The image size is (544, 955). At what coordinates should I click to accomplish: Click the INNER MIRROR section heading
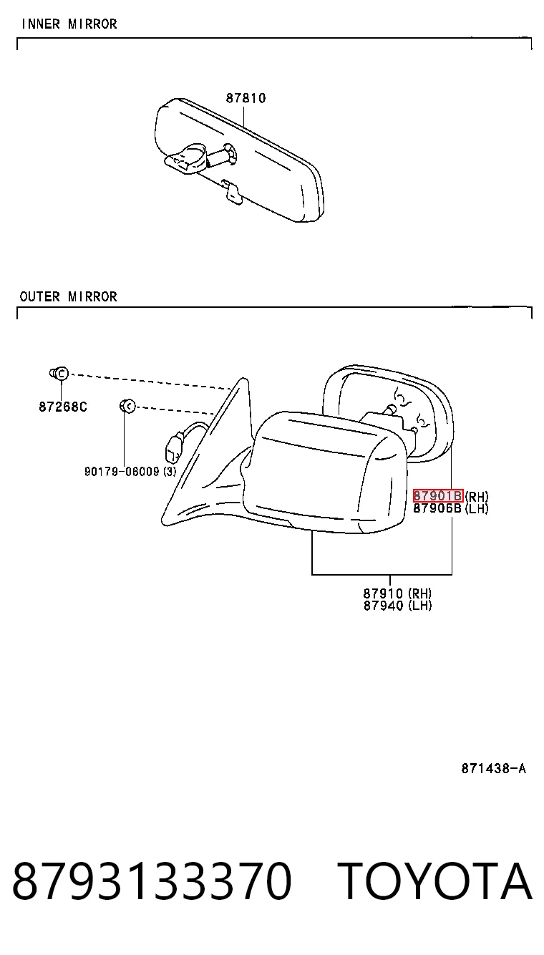(x=69, y=24)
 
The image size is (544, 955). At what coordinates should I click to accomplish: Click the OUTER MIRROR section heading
(x=68, y=296)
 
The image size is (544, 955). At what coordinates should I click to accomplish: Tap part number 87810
(x=246, y=99)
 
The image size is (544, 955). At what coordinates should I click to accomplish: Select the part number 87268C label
(x=63, y=407)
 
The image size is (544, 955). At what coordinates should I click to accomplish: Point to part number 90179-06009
(x=122, y=472)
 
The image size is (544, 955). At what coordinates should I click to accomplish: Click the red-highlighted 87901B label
(x=438, y=496)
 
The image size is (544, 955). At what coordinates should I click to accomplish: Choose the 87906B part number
(x=437, y=508)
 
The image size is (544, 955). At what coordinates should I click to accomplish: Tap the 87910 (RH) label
(x=397, y=593)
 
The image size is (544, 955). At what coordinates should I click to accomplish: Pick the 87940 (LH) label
(x=397, y=606)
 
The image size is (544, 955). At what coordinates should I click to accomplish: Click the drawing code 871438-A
(x=493, y=769)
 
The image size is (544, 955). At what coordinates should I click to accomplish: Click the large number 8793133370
(x=152, y=881)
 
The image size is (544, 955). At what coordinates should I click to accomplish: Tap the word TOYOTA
(x=434, y=881)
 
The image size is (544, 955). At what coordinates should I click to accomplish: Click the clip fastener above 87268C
(x=59, y=374)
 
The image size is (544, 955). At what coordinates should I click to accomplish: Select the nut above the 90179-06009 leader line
(x=127, y=407)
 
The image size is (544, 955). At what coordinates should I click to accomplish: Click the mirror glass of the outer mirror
(x=388, y=412)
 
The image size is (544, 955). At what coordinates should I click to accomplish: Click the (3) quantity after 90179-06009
(x=170, y=472)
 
